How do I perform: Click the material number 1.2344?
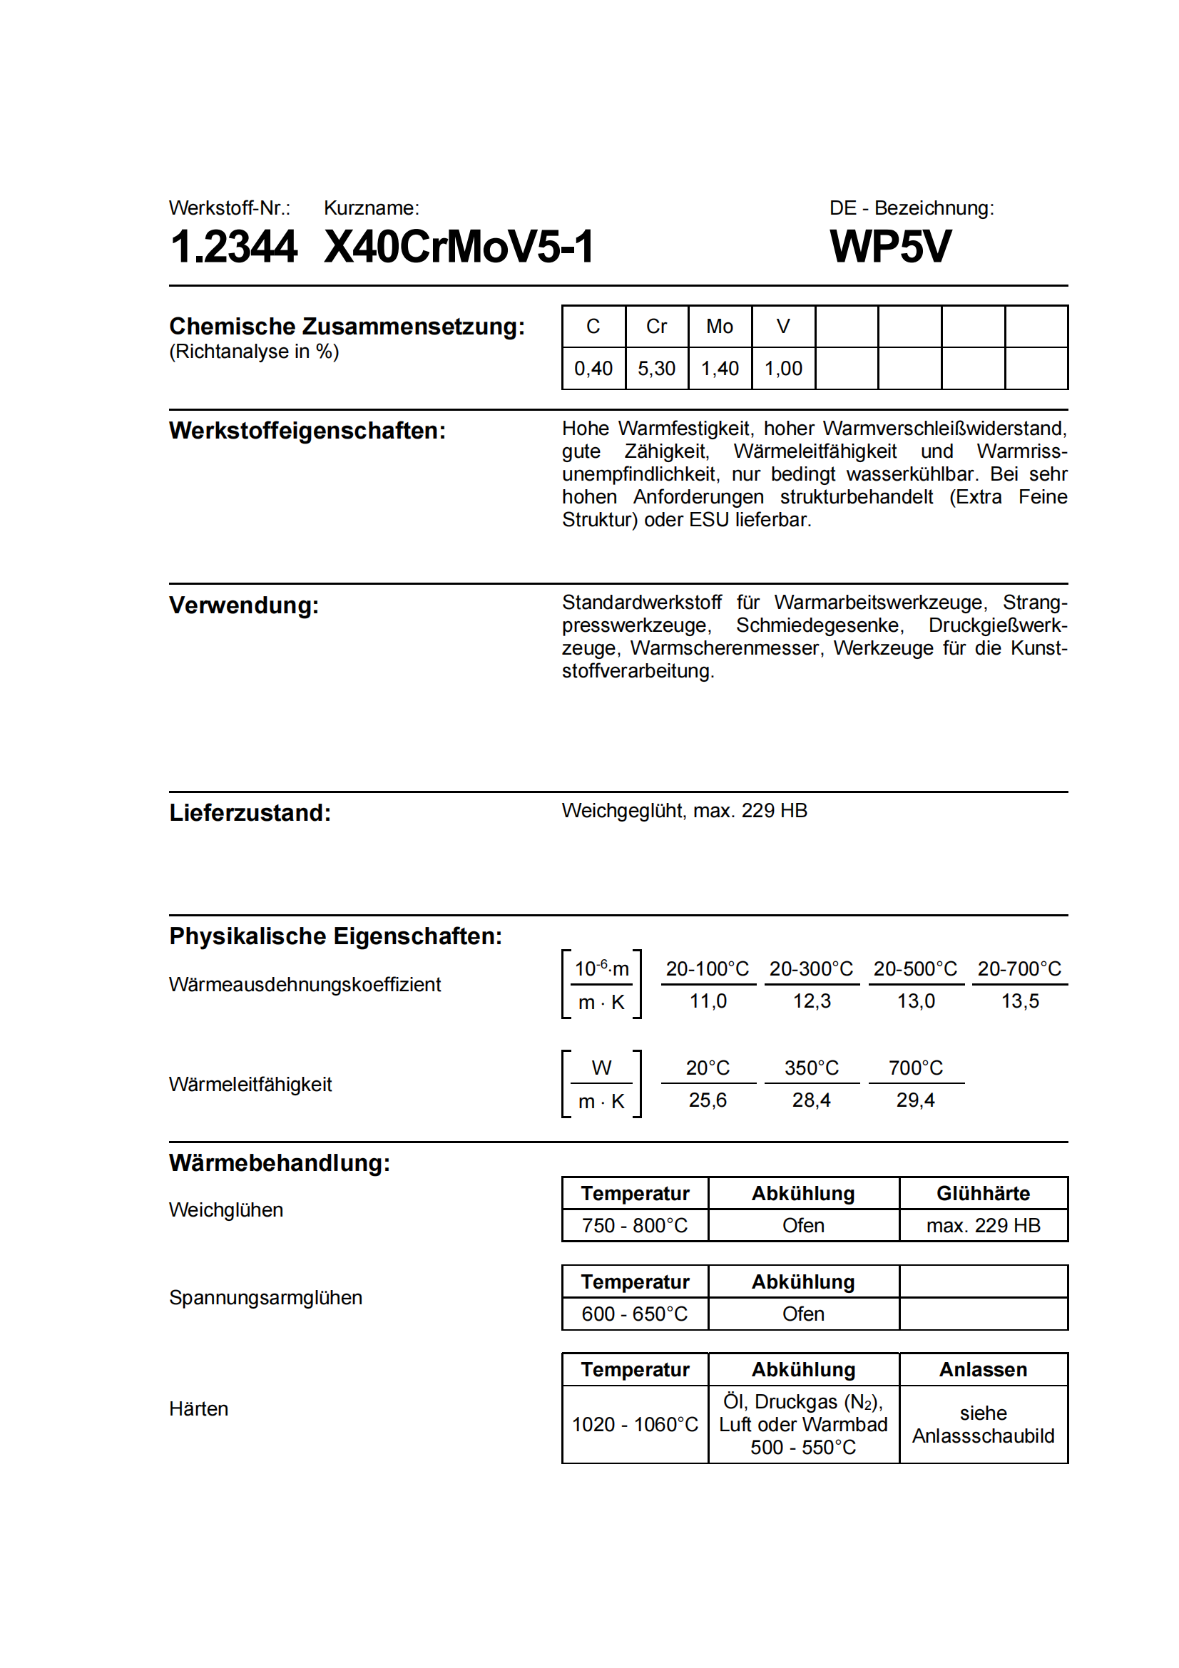pos(233,246)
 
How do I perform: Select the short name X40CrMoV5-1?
pos(459,246)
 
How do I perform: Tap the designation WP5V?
pos(890,246)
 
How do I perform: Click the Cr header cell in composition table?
pos(656,327)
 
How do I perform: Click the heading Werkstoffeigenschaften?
pos(307,431)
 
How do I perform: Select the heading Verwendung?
pos(244,605)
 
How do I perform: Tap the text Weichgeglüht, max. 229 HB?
pos(684,811)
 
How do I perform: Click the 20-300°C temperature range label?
pos(812,969)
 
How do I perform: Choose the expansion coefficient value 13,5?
pos(1020,1002)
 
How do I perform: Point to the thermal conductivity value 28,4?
pos(812,1100)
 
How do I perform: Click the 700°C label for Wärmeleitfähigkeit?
pos(915,1068)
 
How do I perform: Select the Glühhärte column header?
pos(983,1194)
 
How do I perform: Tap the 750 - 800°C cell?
pos(635,1227)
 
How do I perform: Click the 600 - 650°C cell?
pos(635,1314)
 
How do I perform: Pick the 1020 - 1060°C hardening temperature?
pos(635,1425)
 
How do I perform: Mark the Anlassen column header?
pos(983,1370)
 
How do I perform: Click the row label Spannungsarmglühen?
pos(266,1298)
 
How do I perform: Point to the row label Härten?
pos(199,1409)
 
